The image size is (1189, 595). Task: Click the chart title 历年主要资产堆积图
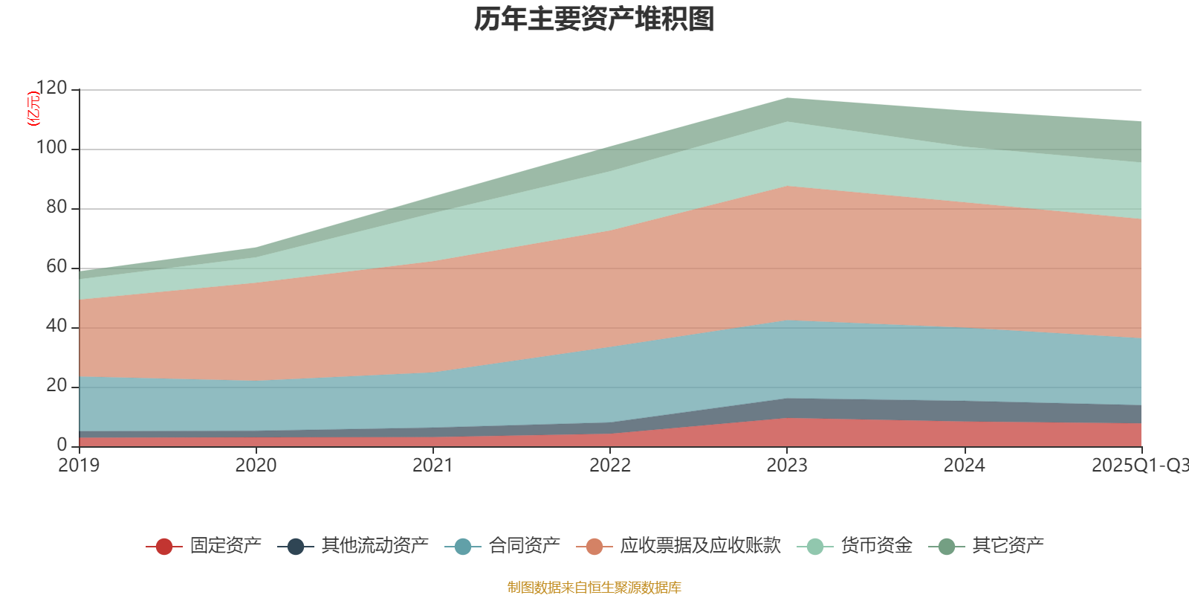594,19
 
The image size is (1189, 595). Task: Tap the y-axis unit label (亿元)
33,109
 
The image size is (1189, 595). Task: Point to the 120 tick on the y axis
51,89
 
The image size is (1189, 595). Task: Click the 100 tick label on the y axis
51,148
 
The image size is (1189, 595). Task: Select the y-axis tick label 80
56,208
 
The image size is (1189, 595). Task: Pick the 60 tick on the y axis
56,267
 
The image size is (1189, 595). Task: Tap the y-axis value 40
56,327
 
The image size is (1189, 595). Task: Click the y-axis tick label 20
56,386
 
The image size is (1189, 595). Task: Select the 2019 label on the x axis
80,466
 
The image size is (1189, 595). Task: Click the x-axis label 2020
256,466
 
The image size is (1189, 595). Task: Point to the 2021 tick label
433,466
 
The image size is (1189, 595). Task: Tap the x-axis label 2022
610,466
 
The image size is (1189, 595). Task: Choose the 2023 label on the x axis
787,466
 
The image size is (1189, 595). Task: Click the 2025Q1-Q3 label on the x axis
1139,466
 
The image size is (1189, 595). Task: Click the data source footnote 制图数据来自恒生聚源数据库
594,588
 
